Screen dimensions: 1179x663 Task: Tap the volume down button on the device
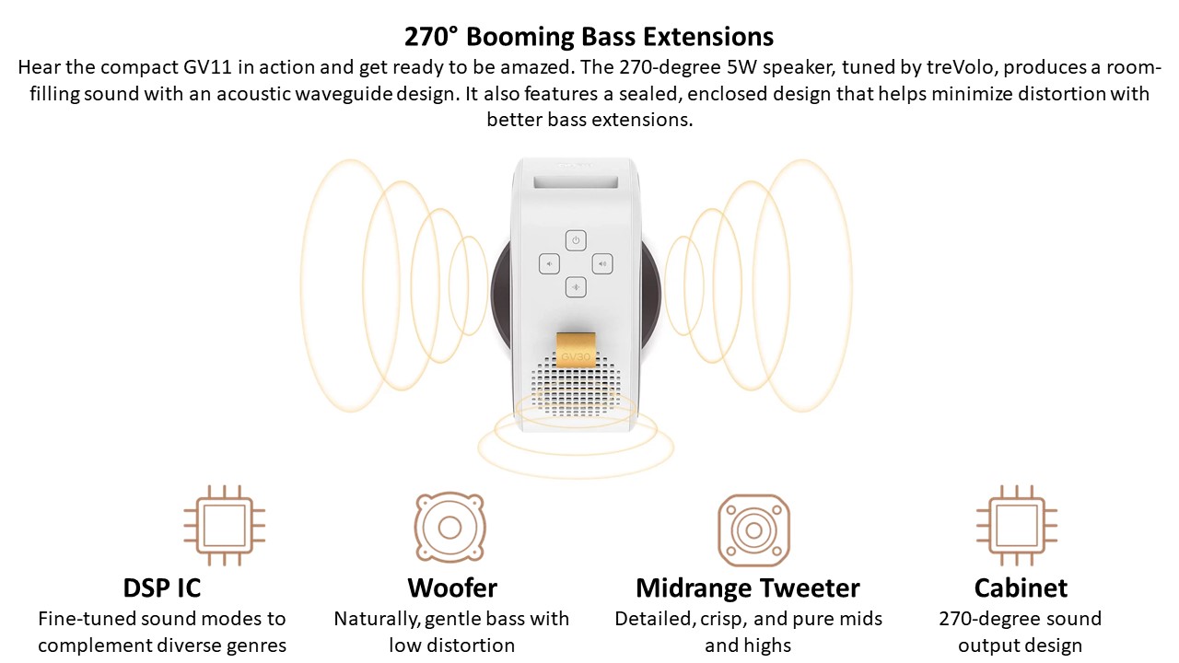point(549,263)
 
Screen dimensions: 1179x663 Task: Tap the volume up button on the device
point(602,263)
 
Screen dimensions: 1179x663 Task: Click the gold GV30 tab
point(576,350)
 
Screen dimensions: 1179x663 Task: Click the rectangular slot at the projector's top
point(576,182)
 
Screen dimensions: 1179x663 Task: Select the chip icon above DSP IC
point(224,525)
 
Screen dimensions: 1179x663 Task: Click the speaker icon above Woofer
point(449,527)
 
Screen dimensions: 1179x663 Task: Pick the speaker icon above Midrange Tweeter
point(753,529)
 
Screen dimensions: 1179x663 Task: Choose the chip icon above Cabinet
point(1017,525)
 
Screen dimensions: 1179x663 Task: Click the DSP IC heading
point(161,587)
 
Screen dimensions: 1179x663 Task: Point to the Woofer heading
point(452,587)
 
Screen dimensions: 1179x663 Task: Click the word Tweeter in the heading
point(809,587)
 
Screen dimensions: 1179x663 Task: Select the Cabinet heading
point(1021,587)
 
